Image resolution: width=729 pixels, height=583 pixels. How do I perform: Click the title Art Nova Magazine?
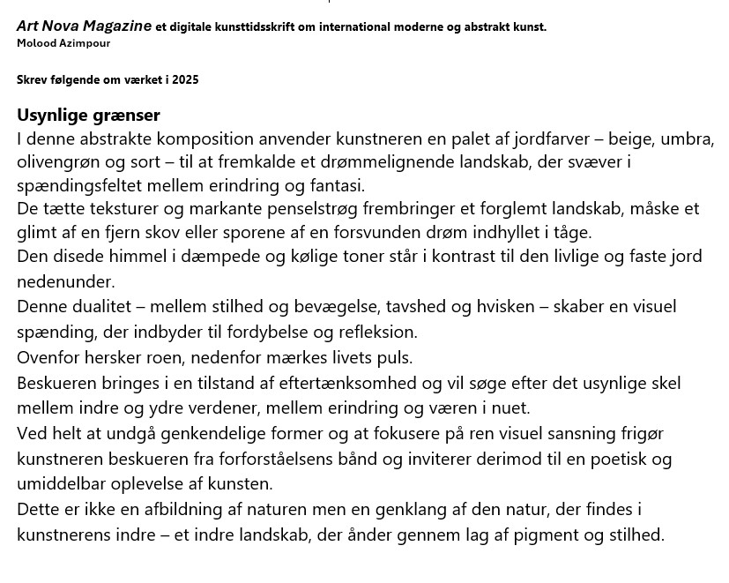[x=84, y=26]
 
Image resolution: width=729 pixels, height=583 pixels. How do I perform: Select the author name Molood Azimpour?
[x=63, y=42]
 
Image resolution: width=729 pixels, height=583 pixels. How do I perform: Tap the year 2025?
[x=186, y=79]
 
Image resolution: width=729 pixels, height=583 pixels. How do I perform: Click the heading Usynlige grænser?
[x=88, y=116]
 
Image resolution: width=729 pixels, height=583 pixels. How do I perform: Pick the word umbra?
[x=688, y=139]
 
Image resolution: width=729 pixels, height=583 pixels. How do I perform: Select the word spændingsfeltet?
[x=72, y=185]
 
